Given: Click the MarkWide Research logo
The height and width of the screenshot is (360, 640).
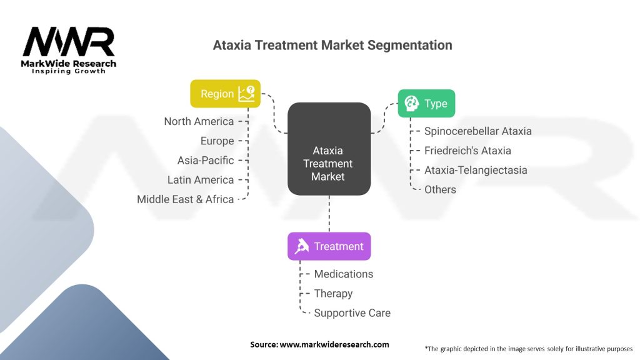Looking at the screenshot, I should tap(69, 50).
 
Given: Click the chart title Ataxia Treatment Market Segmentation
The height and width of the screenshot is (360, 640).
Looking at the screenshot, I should tap(332, 46).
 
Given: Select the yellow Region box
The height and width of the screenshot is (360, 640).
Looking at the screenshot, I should tap(226, 94).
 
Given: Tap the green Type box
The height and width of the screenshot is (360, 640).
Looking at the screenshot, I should tap(426, 104).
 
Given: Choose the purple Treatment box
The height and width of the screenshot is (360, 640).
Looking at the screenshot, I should tap(329, 246).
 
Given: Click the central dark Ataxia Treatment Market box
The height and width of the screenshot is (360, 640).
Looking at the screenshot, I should tap(328, 164).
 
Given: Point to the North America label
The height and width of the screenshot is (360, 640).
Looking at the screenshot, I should tap(199, 121).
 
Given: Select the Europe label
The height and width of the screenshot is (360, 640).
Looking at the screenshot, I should tap(217, 141).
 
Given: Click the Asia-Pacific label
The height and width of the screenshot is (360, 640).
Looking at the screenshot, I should tap(205, 160).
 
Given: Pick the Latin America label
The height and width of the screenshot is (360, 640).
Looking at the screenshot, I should tap(200, 180).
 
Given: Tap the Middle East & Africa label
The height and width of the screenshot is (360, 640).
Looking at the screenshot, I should tap(185, 199).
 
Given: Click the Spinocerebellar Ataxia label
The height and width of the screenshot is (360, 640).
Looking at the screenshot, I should tap(477, 131).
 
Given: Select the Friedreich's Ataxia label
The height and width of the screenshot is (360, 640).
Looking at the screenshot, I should tap(467, 151).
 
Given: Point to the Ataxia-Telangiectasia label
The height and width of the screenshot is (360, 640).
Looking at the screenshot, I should tap(476, 170).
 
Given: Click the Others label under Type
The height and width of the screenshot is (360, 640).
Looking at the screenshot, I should tap(440, 189).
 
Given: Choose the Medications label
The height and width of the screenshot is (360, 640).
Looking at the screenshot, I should tap(343, 274).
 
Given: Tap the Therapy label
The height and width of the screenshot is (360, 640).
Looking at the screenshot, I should tap(333, 293).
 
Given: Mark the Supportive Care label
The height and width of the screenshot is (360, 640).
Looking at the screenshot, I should tap(352, 313).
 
